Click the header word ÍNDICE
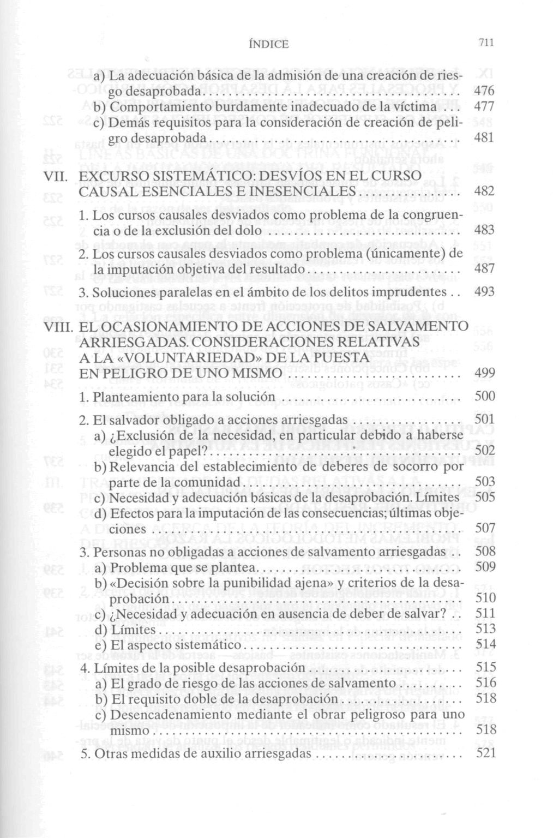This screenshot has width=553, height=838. (x=268, y=44)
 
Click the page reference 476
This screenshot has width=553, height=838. (x=484, y=91)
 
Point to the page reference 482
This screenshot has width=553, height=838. (x=484, y=191)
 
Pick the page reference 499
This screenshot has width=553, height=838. (x=485, y=373)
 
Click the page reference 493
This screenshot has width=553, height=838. (x=484, y=292)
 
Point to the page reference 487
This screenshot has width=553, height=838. (x=484, y=269)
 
